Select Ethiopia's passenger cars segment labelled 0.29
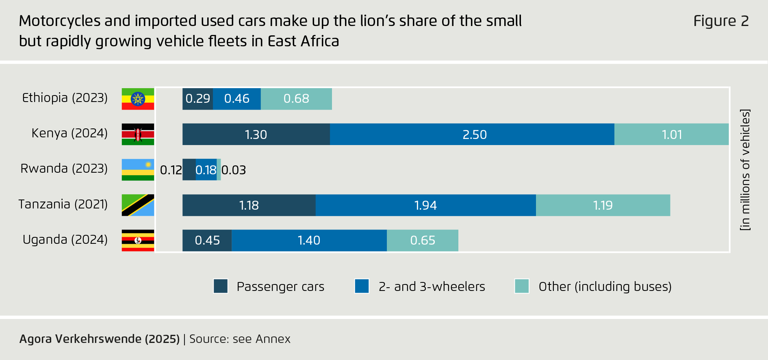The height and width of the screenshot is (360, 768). [x=197, y=99]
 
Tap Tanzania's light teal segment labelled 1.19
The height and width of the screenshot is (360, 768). [x=603, y=205]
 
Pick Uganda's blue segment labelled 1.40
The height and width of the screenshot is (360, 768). [x=309, y=241]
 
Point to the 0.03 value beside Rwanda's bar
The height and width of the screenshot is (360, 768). [x=234, y=170]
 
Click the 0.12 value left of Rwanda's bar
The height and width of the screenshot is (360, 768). [x=171, y=170]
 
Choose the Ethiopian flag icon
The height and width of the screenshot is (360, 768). [x=138, y=99]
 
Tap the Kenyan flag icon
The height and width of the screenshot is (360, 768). [x=138, y=134]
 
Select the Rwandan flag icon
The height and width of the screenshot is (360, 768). [x=138, y=169]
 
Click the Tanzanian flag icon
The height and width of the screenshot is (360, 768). [x=138, y=205]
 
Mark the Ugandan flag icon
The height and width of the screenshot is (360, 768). [x=138, y=241]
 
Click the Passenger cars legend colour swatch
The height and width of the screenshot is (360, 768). [x=221, y=286]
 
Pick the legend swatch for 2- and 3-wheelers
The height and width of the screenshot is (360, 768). [x=362, y=286]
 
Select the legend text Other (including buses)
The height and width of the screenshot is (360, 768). [x=605, y=286]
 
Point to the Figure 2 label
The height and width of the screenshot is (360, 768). [x=721, y=21]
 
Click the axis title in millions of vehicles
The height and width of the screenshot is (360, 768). [x=745, y=170]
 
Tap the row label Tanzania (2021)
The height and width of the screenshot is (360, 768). [x=63, y=204]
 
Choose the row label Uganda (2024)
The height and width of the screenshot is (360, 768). [x=65, y=240]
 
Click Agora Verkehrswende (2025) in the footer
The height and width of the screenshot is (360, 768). [x=100, y=339]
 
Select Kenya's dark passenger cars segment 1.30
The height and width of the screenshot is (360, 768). [x=256, y=134]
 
